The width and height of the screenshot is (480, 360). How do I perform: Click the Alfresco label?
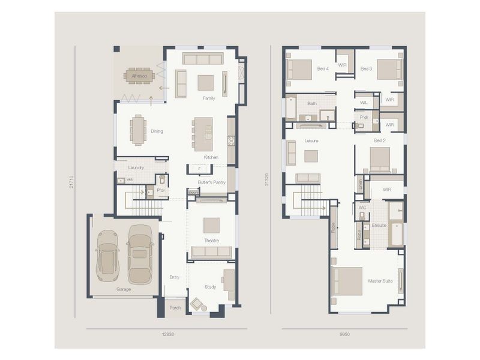(x=139, y=76)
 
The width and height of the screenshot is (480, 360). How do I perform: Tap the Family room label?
(x=209, y=98)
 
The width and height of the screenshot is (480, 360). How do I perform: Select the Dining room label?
(x=157, y=131)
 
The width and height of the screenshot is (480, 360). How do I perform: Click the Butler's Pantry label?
(x=211, y=182)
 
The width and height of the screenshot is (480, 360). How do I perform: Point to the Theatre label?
(x=211, y=241)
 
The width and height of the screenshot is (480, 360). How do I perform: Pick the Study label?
(x=210, y=287)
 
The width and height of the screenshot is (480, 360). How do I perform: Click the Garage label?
(x=124, y=289)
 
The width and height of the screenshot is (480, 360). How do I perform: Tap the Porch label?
(x=175, y=308)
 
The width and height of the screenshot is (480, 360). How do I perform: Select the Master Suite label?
(x=380, y=281)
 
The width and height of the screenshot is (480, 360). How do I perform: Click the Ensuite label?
(x=379, y=225)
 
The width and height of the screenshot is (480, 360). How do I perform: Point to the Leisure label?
(x=311, y=140)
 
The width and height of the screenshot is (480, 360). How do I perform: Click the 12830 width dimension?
(x=166, y=334)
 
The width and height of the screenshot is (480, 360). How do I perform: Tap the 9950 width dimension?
(x=344, y=334)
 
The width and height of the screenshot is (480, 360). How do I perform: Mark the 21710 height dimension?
(x=71, y=182)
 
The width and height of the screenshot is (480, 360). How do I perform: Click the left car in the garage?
(x=107, y=255)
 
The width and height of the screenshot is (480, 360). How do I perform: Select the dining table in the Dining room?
(x=138, y=130)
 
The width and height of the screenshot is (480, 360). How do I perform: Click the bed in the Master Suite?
(x=347, y=281)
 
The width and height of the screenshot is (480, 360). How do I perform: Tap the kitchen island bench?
(x=204, y=133)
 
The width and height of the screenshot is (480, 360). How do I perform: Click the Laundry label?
(x=136, y=167)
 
